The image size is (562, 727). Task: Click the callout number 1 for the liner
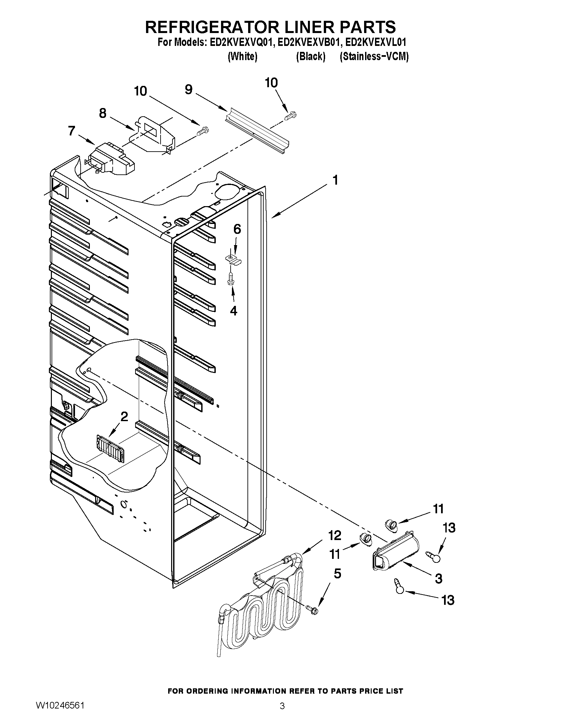(x=335, y=180)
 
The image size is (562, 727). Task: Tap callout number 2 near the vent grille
(x=124, y=416)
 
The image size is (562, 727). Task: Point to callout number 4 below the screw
(x=234, y=310)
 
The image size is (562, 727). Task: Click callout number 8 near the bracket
(x=103, y=114)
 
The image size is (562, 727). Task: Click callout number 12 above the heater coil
(x=335, y=535)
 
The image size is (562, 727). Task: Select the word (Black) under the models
(x=310, y=56)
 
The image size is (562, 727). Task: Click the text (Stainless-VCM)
(x=374, y=56)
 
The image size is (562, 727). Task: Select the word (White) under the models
(x=243, y=56)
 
